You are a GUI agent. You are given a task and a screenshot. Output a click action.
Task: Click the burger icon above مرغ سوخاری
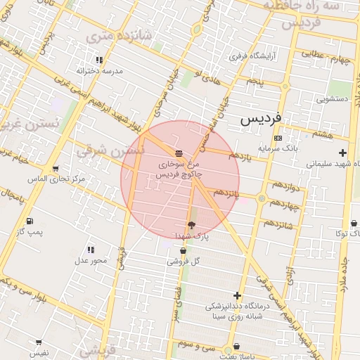179,153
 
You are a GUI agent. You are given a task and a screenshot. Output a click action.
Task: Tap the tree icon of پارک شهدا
192,225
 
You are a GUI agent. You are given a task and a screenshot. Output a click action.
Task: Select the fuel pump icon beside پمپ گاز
29,221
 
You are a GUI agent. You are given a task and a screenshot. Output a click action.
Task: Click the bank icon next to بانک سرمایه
278,138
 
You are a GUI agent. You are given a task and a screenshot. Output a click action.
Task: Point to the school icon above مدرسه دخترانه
98,60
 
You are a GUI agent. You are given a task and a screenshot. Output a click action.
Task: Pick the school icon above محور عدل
91,250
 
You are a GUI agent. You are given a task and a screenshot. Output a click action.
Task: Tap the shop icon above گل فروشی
184,250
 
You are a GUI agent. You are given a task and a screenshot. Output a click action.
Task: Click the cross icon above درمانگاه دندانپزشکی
238,296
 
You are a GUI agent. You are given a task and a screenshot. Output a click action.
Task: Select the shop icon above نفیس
39,343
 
